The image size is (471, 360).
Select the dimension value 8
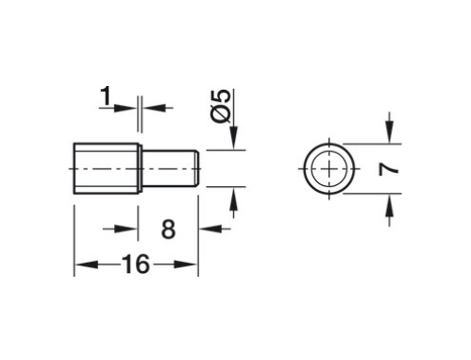click(x=168, y=230)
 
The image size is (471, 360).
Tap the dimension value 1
click(x=105, y=95)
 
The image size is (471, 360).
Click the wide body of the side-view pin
click(x=107, y=168)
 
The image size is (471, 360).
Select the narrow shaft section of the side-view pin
click(x=168, y=168)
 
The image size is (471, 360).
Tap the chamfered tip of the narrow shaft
click(x=195, y=168)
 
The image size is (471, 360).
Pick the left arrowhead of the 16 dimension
click(x=81, y=266)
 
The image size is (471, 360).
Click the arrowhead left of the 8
click(x=133, y=230)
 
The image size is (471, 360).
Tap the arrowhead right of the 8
click(x=206, y=230)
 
